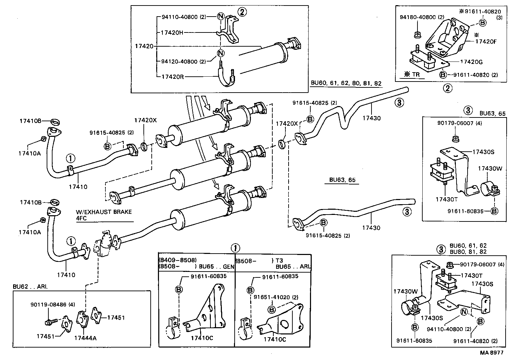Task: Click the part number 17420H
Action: tap(172, 33)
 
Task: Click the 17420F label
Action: tap(486, 41)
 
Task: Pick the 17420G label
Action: tap(471, 62)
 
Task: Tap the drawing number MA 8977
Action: tap(491, 353)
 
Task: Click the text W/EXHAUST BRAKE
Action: tap(104, 212)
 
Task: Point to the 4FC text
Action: tap(82, 218)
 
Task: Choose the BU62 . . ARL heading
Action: tap(30, 287)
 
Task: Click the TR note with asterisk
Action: tap(411, 75)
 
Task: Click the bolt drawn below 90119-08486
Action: tap(50, 322)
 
